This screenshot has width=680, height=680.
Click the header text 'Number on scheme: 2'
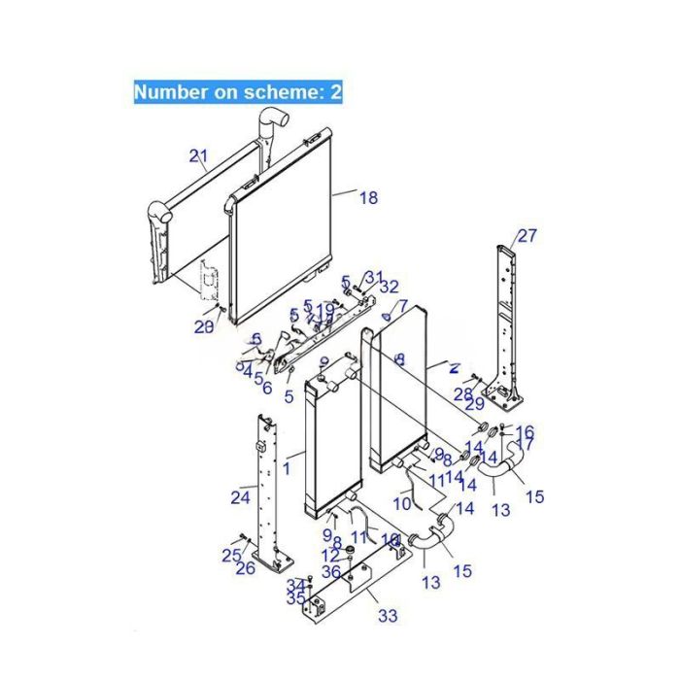click(x=237, y=92)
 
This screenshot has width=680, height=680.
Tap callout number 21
click(x=199, y=155)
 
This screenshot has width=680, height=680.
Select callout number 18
click(x=368, y=197)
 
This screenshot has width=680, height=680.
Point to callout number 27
click(x=527, y=235)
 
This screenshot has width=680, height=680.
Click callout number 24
click(x=240, y=498)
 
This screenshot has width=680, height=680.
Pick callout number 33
click(x=388, y=616)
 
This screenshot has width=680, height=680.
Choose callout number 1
click(x=287, y=468)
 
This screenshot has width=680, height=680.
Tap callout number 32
click(x=389, y=287)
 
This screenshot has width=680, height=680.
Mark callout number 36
click(x=332, y=573)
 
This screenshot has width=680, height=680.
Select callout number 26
click(x=245, y=567)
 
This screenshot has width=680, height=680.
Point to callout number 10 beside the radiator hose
click(x=403, y=503)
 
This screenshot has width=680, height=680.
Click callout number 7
click(x=402, y=306)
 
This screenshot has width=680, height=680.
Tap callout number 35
click(x=296, y=598)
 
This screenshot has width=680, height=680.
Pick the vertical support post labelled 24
click(x=266, y=486)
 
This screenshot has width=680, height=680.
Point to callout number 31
click(x=374, y=278)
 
